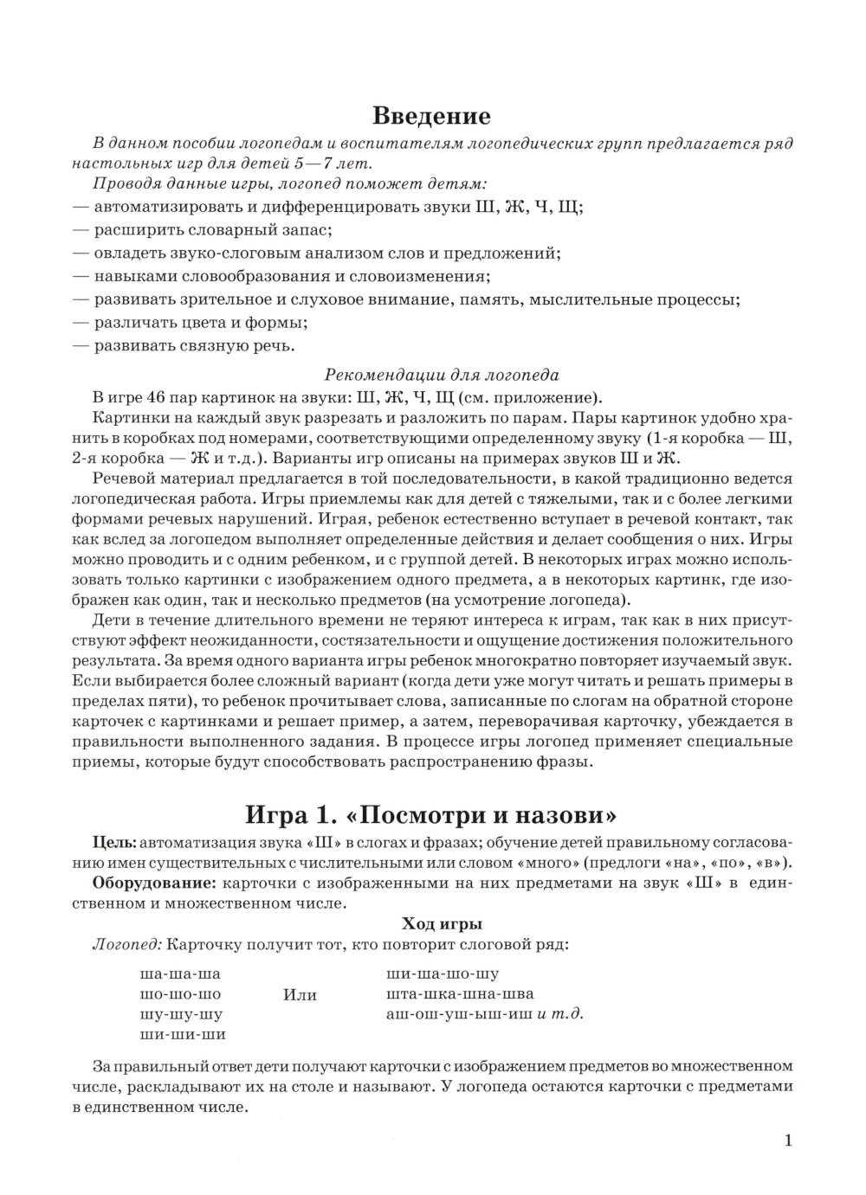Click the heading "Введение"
pos(431,116)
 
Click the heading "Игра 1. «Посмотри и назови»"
pos(431,815)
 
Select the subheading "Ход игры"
pos(443,923)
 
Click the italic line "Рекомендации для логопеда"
pos(442,375)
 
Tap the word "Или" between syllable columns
pos(300,994)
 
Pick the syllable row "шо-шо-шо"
pos(180,993)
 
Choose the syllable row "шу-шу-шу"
pos(181,1014)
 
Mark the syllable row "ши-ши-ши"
pos(182,1034)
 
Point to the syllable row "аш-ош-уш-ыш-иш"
pos(459,1014)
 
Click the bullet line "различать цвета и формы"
pos(201,323)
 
